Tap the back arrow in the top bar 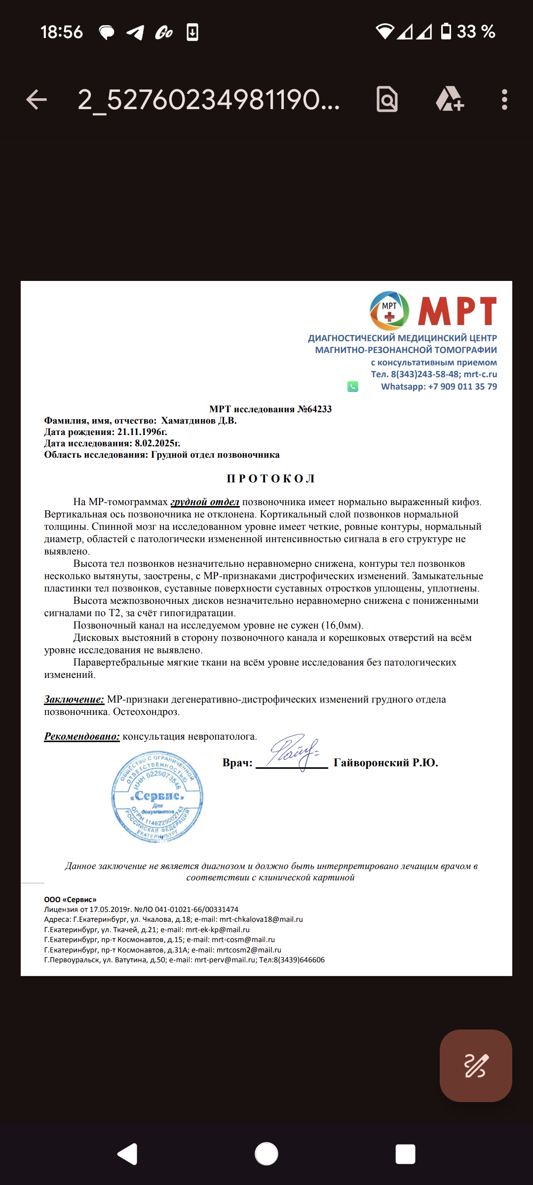37,100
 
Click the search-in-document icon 387,99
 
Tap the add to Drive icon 449,99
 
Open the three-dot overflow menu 504,100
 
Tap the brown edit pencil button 475,1066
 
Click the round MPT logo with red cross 389,311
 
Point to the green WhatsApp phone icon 352,387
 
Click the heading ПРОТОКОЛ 270,478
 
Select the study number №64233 314,409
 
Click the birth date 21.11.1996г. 142,432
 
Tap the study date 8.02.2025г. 157,443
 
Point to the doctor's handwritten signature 294,751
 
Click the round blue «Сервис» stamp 157,796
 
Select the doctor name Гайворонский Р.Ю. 385,763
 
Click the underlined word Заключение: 74,699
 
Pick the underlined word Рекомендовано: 82,736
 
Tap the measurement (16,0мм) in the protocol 342,626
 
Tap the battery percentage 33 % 476,32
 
